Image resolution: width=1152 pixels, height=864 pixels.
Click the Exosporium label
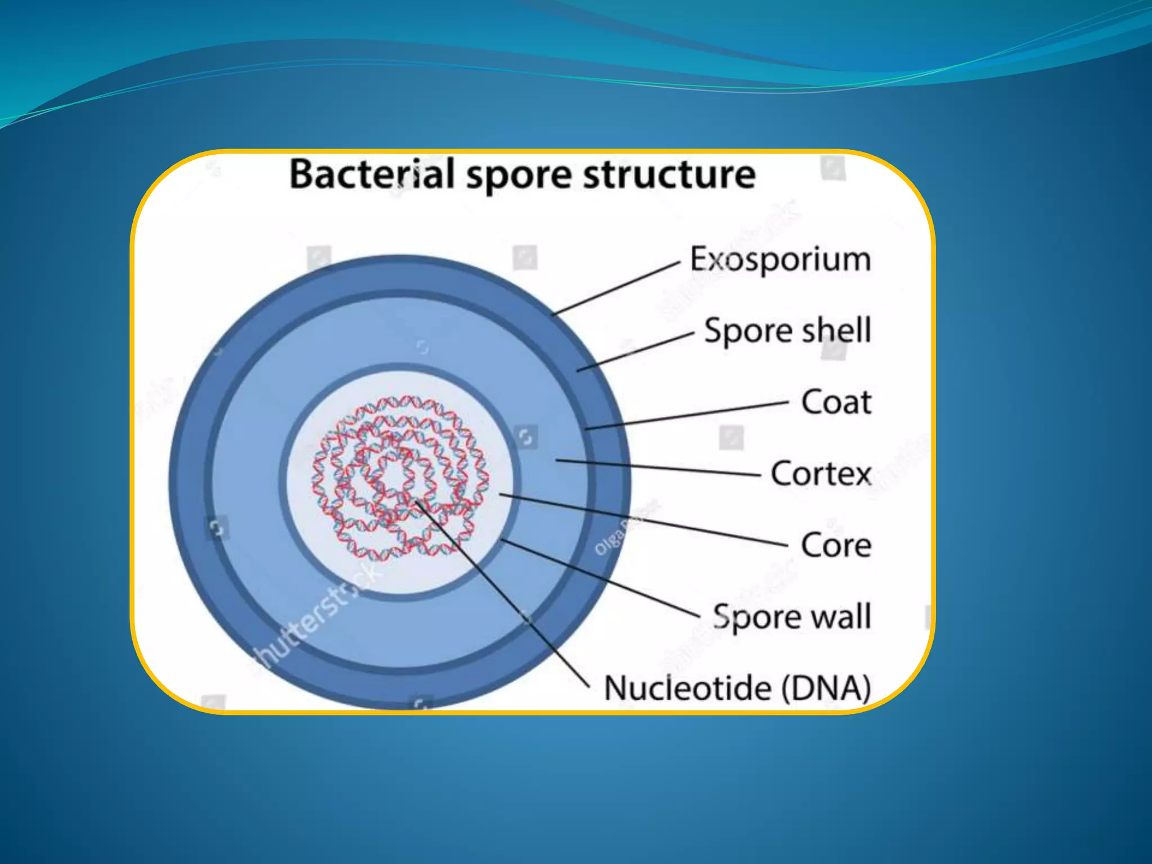click(780, 260)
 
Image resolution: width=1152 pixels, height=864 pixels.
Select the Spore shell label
click(787, 331)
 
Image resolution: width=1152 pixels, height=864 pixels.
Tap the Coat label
click(836, 402)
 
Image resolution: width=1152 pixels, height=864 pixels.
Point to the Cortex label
click(821, 474)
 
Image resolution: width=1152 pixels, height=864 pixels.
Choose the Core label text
click(836, 545)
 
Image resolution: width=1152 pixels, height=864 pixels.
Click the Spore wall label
click(792, 616)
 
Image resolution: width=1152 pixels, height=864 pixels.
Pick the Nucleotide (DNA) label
click(737, 688)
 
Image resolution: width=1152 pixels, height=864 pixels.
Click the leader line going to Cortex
click(658, 467)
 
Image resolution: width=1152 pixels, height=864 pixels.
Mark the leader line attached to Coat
click(686, 416)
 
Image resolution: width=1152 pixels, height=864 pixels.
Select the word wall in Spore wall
click(838, 616)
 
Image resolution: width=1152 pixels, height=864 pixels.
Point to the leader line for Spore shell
click(636, 352)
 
